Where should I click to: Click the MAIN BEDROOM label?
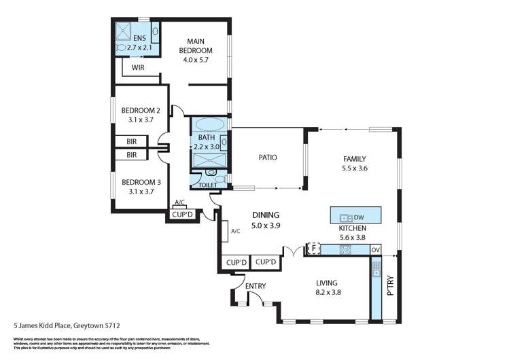click(196, 50)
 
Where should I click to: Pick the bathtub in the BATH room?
click(210, 126)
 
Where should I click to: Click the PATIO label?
click(267, 158)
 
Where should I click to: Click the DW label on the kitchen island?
click(359, 217)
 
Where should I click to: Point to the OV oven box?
click(376, 250)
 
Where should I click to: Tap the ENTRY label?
click(255, 286)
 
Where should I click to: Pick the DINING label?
click(266, 214)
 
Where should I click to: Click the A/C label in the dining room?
click(236, 231)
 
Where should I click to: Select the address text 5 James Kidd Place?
click(58, 325)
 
